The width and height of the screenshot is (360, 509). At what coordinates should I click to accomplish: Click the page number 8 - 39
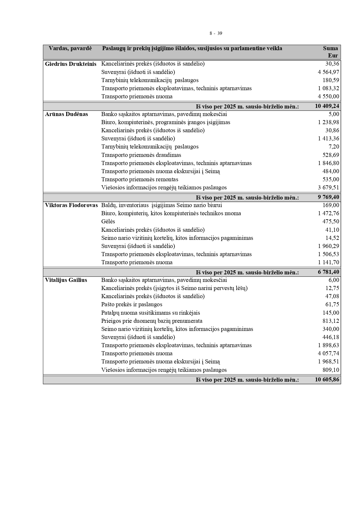(x=216, y=33)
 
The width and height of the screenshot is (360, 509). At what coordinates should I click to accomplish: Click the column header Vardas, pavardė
(x=70, y=48)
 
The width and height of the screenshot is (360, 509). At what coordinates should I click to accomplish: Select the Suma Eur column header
(x=330, y=52)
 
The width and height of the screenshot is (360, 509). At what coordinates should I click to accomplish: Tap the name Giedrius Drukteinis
(x=71, y=64)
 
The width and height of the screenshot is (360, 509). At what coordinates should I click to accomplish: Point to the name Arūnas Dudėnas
(x=66, y=114)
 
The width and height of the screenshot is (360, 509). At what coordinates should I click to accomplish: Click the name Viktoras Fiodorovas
(x=71, y=205)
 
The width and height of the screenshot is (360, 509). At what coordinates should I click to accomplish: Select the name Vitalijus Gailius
(x=66, y=280)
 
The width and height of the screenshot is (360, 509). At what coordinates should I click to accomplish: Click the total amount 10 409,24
(x=327, y=106)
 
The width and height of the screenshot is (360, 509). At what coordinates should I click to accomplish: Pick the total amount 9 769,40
(x=328, y=197)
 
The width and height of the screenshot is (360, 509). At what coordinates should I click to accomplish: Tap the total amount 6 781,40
(x=328, y=272)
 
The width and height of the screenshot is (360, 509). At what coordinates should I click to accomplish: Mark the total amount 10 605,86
(x=327, y=379)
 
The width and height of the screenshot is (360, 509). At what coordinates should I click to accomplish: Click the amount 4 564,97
(x=328, y=72)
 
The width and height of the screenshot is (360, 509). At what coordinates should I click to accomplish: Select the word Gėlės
(x=108, y=222)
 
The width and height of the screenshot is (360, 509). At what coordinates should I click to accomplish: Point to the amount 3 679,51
(x=328, y=188)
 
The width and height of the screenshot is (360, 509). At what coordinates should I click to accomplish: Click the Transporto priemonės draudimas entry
(x=141, y=155)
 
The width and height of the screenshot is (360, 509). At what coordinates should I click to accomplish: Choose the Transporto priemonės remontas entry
(x=140, y=180)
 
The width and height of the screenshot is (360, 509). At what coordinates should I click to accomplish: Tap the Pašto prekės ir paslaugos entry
(x=132, y=305)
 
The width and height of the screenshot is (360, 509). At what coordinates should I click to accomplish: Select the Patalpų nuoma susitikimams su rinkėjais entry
(x=150, y=313)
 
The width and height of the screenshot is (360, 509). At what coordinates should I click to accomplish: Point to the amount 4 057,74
(x=328, y=354)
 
